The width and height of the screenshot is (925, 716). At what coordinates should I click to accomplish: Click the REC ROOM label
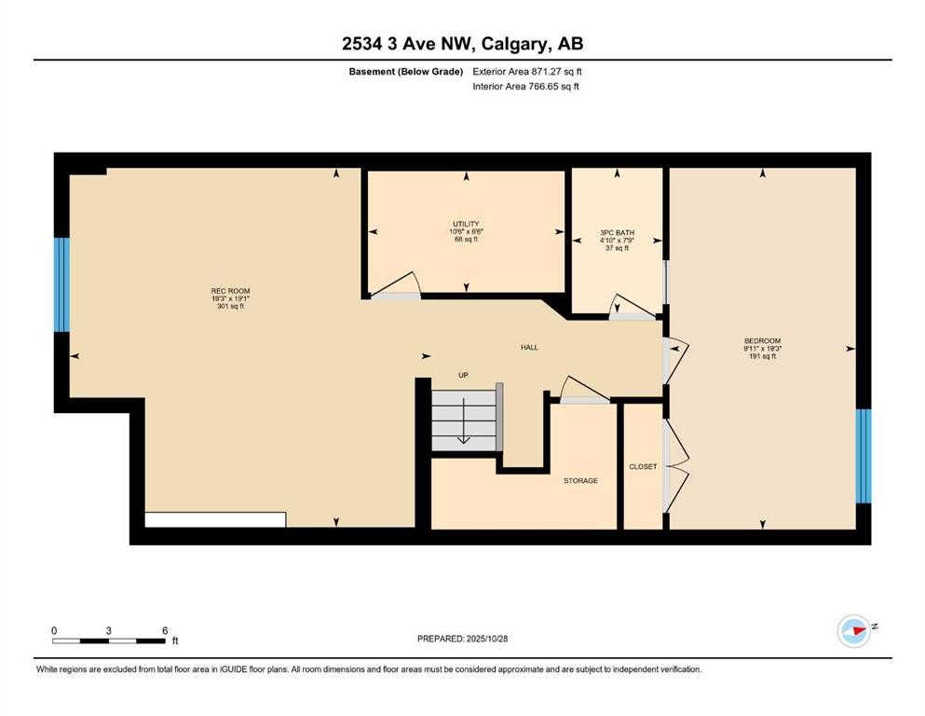point(230,291)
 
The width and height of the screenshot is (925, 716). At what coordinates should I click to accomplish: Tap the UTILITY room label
point(466,224)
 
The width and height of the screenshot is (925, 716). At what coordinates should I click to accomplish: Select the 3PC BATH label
point(616,232)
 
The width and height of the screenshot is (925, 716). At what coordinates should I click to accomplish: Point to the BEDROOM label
point(762,340)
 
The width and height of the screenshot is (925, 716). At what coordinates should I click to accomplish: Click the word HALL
point(529,348)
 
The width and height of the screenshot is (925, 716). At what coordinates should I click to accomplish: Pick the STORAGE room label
point(579,481)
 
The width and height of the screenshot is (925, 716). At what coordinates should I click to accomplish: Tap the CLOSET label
point(643,466)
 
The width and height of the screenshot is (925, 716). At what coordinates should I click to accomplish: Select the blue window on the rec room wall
point(61,284)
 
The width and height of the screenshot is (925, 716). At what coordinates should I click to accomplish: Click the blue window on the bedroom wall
point(864,455)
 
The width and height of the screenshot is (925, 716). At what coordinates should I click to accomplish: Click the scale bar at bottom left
point(109,640)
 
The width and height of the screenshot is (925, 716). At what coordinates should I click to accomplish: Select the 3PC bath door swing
point(622,309)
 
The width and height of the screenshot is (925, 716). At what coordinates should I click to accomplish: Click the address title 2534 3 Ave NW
point(462,43)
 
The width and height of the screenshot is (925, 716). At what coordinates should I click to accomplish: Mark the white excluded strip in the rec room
point(215,519)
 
